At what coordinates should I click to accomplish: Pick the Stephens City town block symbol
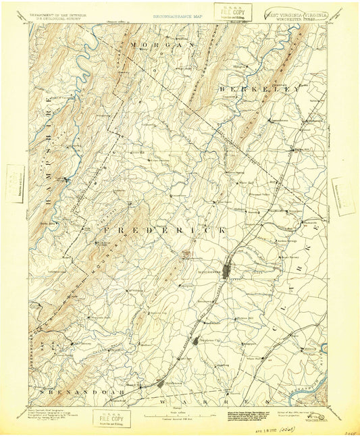coord(199,341)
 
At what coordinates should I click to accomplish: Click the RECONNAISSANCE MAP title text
coord(178,14)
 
